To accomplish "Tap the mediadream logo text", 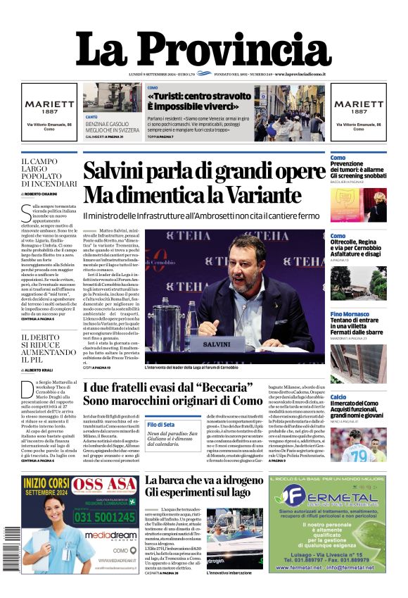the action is pos(108,535).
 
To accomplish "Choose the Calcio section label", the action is pos(338,397).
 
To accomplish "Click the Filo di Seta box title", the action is pos(161,425).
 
